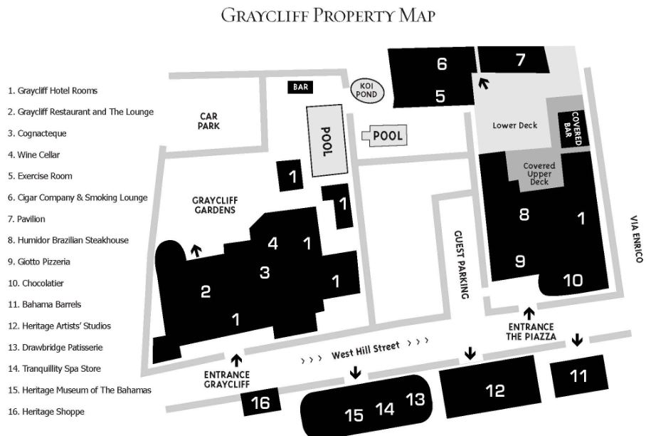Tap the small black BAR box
click(300, 87)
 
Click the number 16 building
click(260, 403)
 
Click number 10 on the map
click(573, 280)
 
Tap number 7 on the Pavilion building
click(520, 60)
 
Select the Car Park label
click(209, 120)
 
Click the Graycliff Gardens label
click(213, 205)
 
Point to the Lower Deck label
click(515, 125)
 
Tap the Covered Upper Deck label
click(539, 174)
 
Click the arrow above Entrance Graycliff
click(238, 360)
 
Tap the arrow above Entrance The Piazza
click(529, 312)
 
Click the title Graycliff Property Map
click(327, 15)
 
